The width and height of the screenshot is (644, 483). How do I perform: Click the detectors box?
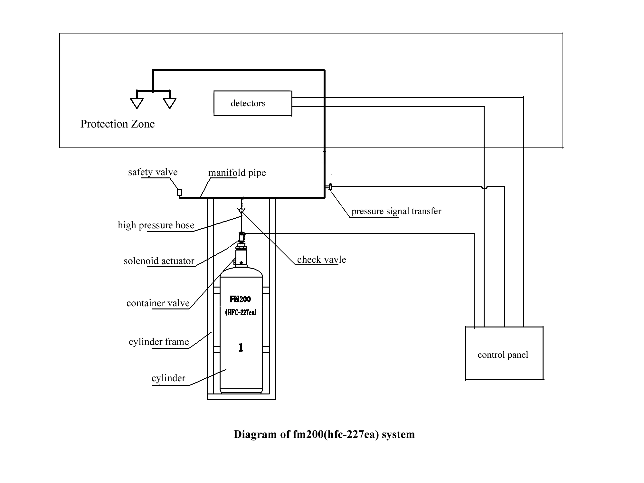pyautogui.click(x=253, y=103)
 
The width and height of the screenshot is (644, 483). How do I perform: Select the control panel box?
pyautogui.click(x=504, y=354)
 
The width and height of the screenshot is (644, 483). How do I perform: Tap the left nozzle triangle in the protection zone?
pyautogui.click(x=137, y=103)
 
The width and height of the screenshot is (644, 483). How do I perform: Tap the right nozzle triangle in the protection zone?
pyautogui.click(x=170, y=103)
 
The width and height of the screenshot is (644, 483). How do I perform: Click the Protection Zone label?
pyautogui.click(x=118, y=124)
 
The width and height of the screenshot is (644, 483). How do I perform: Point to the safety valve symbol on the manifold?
pyautogui.click(x=180, y=192)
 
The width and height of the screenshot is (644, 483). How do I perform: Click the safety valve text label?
pyautogui.click(x=153, y=172)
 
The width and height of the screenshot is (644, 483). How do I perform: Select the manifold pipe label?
pyautogui.click(x=237, y=173)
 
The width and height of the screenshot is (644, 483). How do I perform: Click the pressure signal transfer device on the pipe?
pyautogui.click(x=330, y=187)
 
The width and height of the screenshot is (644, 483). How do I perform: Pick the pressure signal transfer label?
pyautogui.click(x=396, y=211)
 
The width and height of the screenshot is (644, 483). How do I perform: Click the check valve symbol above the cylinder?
pyautogui.click(x=241, y=211)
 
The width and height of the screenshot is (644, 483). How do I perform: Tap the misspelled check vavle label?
pyautogui.click(x=321, y=260)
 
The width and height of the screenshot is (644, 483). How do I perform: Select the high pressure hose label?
pyautogui.click(x=156, y=225)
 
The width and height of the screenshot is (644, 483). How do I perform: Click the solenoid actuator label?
pyautogui.click(x=159, y=261)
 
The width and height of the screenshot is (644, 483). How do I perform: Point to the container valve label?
pyautogui.click(x=158, y=303)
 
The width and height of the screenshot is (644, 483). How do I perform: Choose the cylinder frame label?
pyautogui.click(x=159, y=342)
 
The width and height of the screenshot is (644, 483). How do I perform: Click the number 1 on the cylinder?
pyautogui.click(x=241, y=347)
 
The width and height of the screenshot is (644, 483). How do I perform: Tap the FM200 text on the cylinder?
pyautogui.click(x=240, y=299)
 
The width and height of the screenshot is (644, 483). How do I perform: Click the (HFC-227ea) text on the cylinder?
pyautogui.click(x=241, y=312)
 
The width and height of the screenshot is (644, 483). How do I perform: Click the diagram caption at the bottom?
pyautogui.click(x=324, y=434)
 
